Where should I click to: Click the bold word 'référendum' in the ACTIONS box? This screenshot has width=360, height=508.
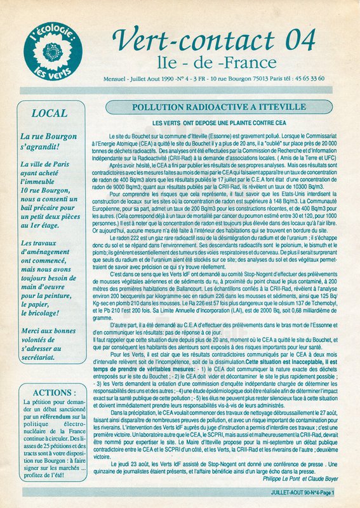(x=65, y=413)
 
